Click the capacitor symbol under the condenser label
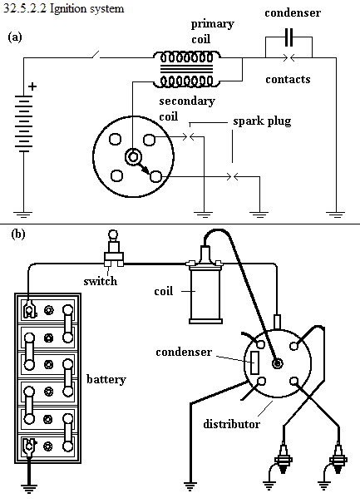288,37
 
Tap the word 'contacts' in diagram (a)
288,79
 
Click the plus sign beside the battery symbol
32,86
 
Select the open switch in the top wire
96,55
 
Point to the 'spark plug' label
262,121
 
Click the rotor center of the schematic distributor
133,157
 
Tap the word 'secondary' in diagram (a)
187,101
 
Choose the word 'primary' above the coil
212,24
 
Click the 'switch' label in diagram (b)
100,281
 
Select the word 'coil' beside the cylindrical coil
163,291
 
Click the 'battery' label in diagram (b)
106,379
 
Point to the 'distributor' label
232,424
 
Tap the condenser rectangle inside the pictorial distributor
254,362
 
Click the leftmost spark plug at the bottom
283,458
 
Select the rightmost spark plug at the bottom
338,458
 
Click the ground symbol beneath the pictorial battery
29,488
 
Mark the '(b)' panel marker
18,234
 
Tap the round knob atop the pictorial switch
113,234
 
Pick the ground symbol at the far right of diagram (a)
336,215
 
